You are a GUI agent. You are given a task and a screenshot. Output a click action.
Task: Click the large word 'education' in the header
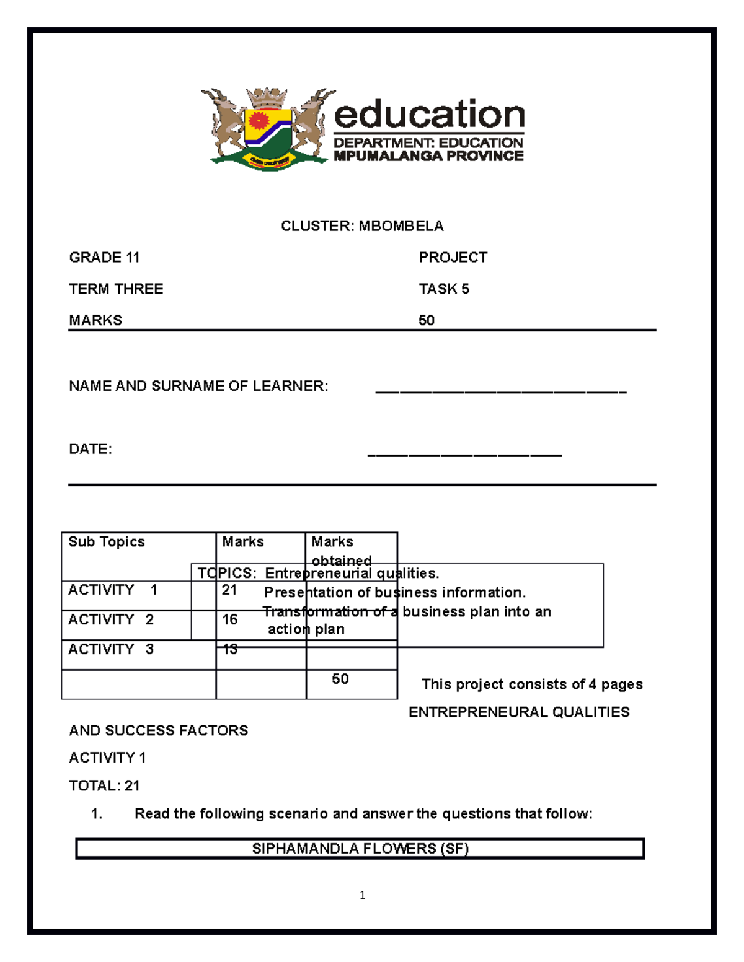pos(429,115)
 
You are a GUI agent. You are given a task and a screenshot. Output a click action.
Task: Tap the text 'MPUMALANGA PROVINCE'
pos(428,156)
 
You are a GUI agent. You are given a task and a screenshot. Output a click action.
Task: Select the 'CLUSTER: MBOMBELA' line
pos(362,226)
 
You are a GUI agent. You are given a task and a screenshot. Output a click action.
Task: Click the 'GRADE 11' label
pos(104,258)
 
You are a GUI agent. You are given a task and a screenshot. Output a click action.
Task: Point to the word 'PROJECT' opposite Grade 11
pos(453,258)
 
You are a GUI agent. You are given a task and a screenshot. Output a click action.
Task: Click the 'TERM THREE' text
pos(116,289)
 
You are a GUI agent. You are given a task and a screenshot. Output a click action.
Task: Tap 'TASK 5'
pos(444,289)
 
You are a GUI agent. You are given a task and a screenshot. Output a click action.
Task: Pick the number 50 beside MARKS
pos(427,320)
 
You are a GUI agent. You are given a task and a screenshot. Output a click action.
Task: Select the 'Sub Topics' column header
pos(107,542)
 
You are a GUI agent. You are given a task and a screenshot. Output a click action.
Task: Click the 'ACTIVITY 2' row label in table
pos(111,619)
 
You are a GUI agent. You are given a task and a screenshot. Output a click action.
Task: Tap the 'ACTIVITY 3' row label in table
pos(111,649)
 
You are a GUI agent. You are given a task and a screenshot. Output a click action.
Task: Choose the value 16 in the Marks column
pos(230,619)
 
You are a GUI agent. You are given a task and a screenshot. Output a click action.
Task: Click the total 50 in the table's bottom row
pos(340,679)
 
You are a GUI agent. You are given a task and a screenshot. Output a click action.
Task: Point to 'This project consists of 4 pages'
pos(532,684)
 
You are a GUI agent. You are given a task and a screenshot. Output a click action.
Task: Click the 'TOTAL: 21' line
pos(104,786)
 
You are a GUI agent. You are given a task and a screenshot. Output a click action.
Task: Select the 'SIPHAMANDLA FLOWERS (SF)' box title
pos(360,849)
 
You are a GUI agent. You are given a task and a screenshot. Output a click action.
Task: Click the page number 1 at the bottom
pos(362,895)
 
